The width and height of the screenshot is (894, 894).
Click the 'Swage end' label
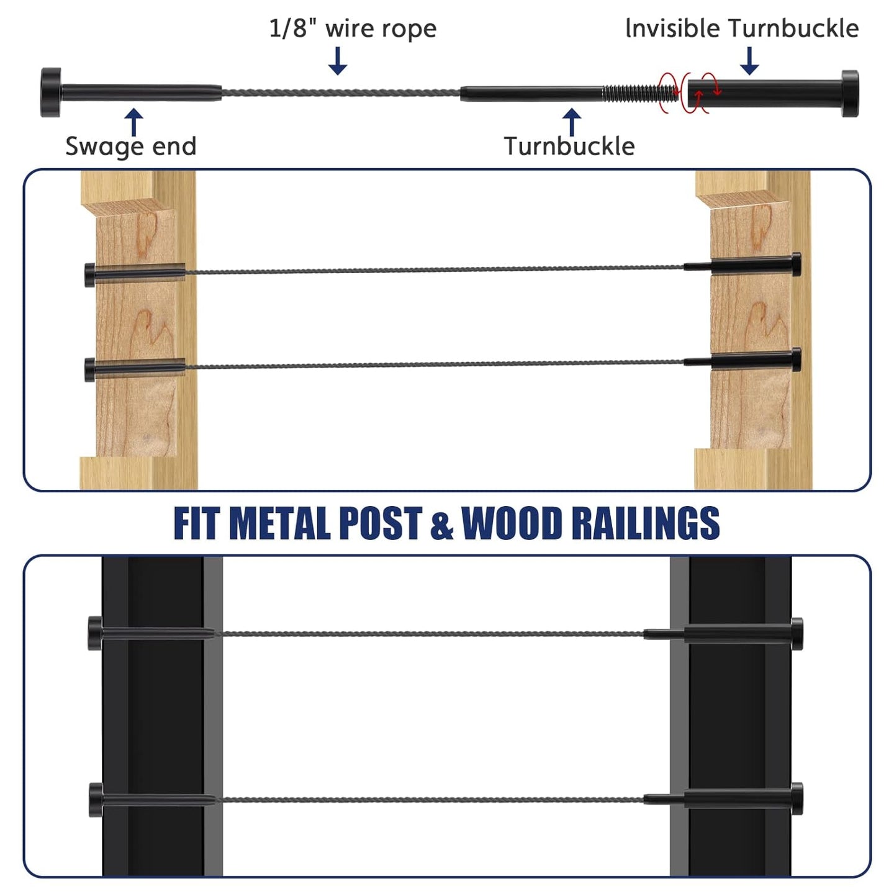[131, 147]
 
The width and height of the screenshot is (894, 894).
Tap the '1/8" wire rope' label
[353, 29]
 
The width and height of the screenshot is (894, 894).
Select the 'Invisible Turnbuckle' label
[742, 28]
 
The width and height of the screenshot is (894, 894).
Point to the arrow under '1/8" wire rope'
[338, 61]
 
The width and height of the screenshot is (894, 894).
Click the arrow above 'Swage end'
[134, 122]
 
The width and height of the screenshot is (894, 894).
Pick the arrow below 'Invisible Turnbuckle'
[749, 61]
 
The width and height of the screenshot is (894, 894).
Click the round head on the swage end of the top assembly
[50, 93]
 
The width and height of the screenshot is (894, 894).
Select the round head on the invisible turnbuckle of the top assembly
[850, 93]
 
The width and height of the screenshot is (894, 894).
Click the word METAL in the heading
[279, 523]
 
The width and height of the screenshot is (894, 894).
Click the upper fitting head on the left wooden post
[89, 274]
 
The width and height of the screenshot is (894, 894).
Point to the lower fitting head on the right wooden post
[797, 359]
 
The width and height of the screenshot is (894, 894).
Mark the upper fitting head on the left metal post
[95, 633]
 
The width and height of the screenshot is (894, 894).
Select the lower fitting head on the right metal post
[797, 798]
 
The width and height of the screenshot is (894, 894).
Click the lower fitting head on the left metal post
[96, 800]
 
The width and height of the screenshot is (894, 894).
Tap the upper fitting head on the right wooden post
[797, 264]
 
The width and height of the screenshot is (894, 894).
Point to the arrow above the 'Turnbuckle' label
[572, 122]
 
